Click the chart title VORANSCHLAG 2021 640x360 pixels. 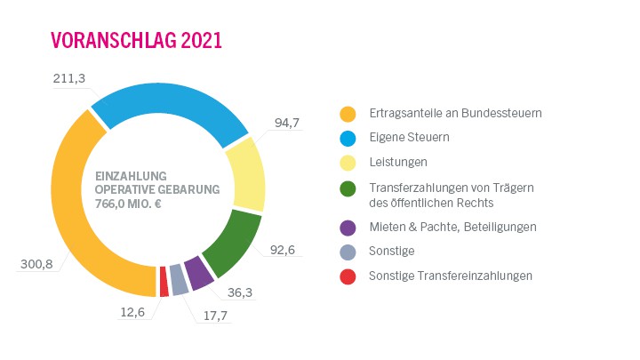pyautogui.click(x=135, y=40)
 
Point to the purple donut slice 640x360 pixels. pyautogui.click(x=197, y=274)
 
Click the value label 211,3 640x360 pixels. pyautogui.click(x=68, y=79)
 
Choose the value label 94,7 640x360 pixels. pyautogui.click(x=287, y=122)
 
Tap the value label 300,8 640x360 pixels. pyautogui.click(x=36, y=264)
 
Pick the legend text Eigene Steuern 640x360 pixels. pyautogui.click(x=409, y=138)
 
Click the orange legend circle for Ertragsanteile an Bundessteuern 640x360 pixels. pyautogui.click(x=348, y=114)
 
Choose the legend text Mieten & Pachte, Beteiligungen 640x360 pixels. pyautogui.click(x=452, y=227)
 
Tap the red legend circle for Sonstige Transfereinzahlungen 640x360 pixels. pyautogui.click(x=348, y=276)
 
